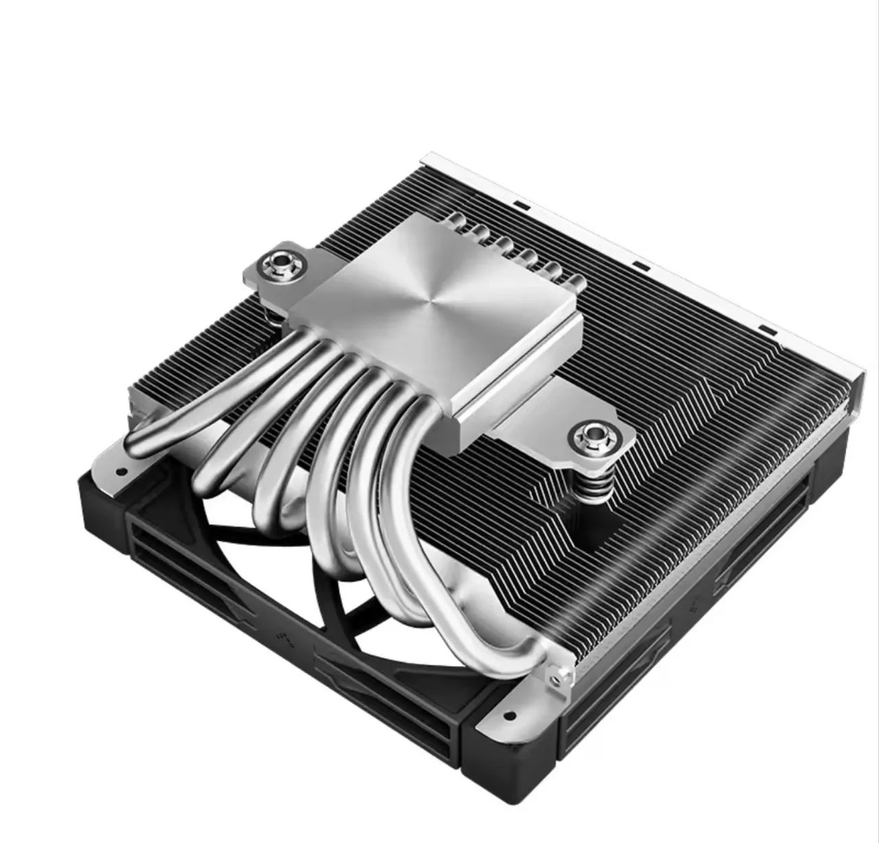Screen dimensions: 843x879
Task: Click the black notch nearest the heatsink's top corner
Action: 521,205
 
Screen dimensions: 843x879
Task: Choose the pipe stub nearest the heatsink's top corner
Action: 454,219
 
